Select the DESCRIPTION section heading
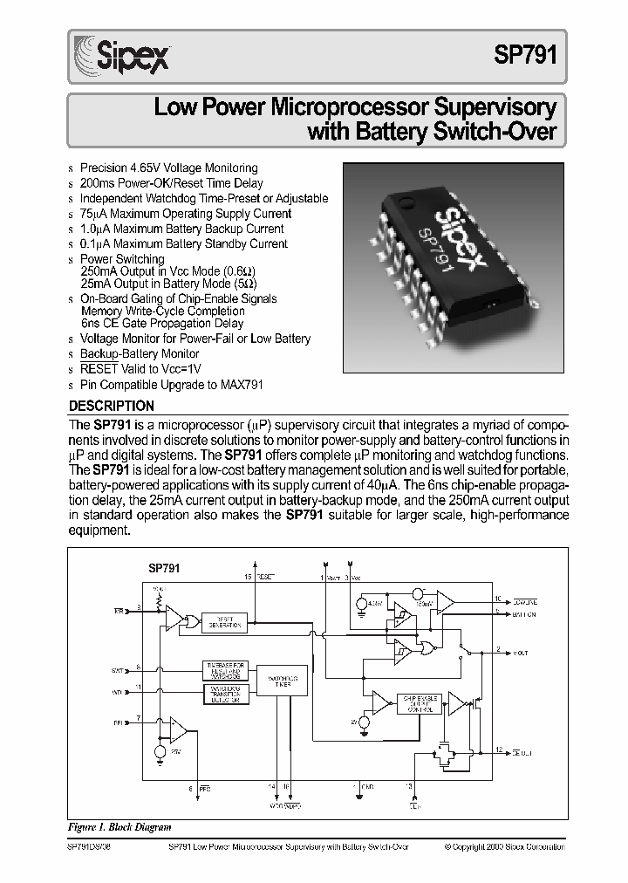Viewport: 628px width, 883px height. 111,406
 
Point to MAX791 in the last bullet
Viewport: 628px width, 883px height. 243,384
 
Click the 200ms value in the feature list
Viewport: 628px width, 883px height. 97,183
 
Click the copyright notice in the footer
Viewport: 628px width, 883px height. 503,846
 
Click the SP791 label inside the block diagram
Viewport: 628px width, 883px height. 164,567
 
